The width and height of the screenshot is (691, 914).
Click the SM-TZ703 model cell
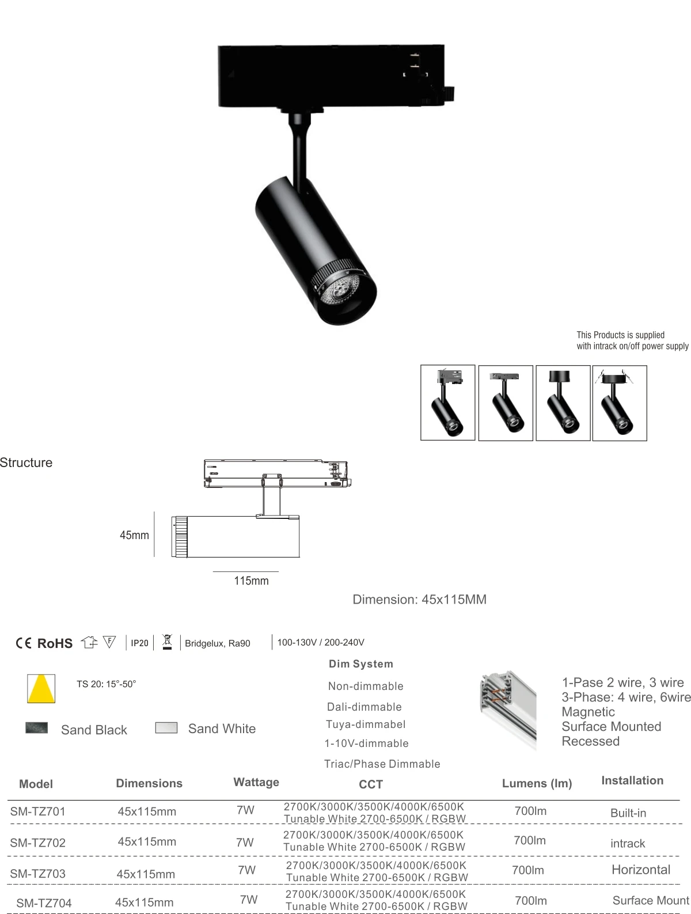37,873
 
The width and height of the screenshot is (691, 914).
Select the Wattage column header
256,782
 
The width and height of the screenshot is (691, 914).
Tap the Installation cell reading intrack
628,843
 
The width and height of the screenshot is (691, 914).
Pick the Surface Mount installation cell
650,900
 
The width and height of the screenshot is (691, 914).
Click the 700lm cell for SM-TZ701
530,811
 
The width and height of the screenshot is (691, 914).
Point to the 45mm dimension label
134,535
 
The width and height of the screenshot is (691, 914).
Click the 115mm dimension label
251,581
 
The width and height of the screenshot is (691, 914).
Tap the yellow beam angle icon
41,688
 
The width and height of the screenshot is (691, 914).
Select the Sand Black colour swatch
37,728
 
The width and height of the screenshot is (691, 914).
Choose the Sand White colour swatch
166,727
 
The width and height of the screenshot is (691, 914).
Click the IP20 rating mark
139,643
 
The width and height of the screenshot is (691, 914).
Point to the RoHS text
55,643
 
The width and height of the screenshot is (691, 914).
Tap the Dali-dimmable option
364,707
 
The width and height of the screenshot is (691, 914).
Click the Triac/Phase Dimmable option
382,764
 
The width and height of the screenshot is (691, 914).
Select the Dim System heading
360,663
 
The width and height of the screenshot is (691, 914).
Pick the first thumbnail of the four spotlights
447,403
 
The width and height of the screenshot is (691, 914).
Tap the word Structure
26,462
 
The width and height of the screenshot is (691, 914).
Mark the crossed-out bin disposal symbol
167,642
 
